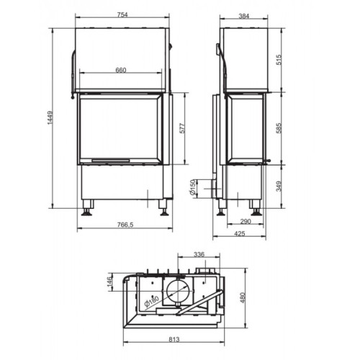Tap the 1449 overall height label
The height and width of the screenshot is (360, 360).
pyautogui.click(x=49, y=122)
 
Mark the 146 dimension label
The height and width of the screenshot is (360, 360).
pyautogui.click(x=109, y=279)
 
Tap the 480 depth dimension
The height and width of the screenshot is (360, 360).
pyautogui.click(x=243, y=297)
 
